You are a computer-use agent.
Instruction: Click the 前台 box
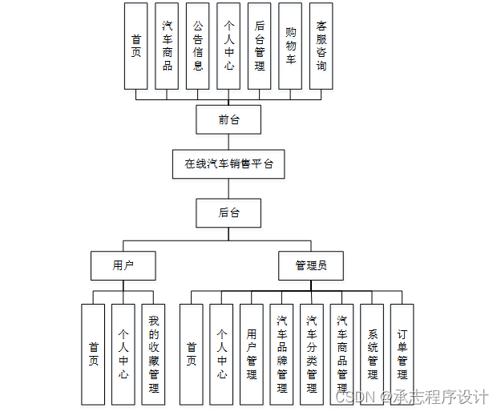pos(229,120)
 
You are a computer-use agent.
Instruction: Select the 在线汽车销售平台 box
pos(229,164)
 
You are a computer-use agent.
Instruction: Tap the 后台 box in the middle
pos(229,212)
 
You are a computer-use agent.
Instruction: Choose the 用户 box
pos(123,265)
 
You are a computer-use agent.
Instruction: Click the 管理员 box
pos(309,265)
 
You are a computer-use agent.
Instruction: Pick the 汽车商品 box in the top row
pos(167,46)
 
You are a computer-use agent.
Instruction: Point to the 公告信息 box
pos(198,46)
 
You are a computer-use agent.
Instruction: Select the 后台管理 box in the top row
pos(260,46)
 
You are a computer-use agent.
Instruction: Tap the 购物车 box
pos(290,46)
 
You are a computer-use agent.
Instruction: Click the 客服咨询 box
pos(321,46)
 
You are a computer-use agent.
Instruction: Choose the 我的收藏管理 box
pos(154,353)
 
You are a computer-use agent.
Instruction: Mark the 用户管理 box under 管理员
pos(252,353)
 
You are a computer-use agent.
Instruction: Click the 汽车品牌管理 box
pos(282,353)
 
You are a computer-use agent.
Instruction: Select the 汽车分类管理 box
pos(312,353)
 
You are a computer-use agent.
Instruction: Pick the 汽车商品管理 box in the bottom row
pos(342,353)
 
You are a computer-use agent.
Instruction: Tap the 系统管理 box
pos(372,353)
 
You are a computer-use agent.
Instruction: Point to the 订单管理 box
pos(402,353)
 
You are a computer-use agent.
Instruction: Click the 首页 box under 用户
pos(94,353)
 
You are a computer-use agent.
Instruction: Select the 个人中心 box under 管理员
pos(221,353)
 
